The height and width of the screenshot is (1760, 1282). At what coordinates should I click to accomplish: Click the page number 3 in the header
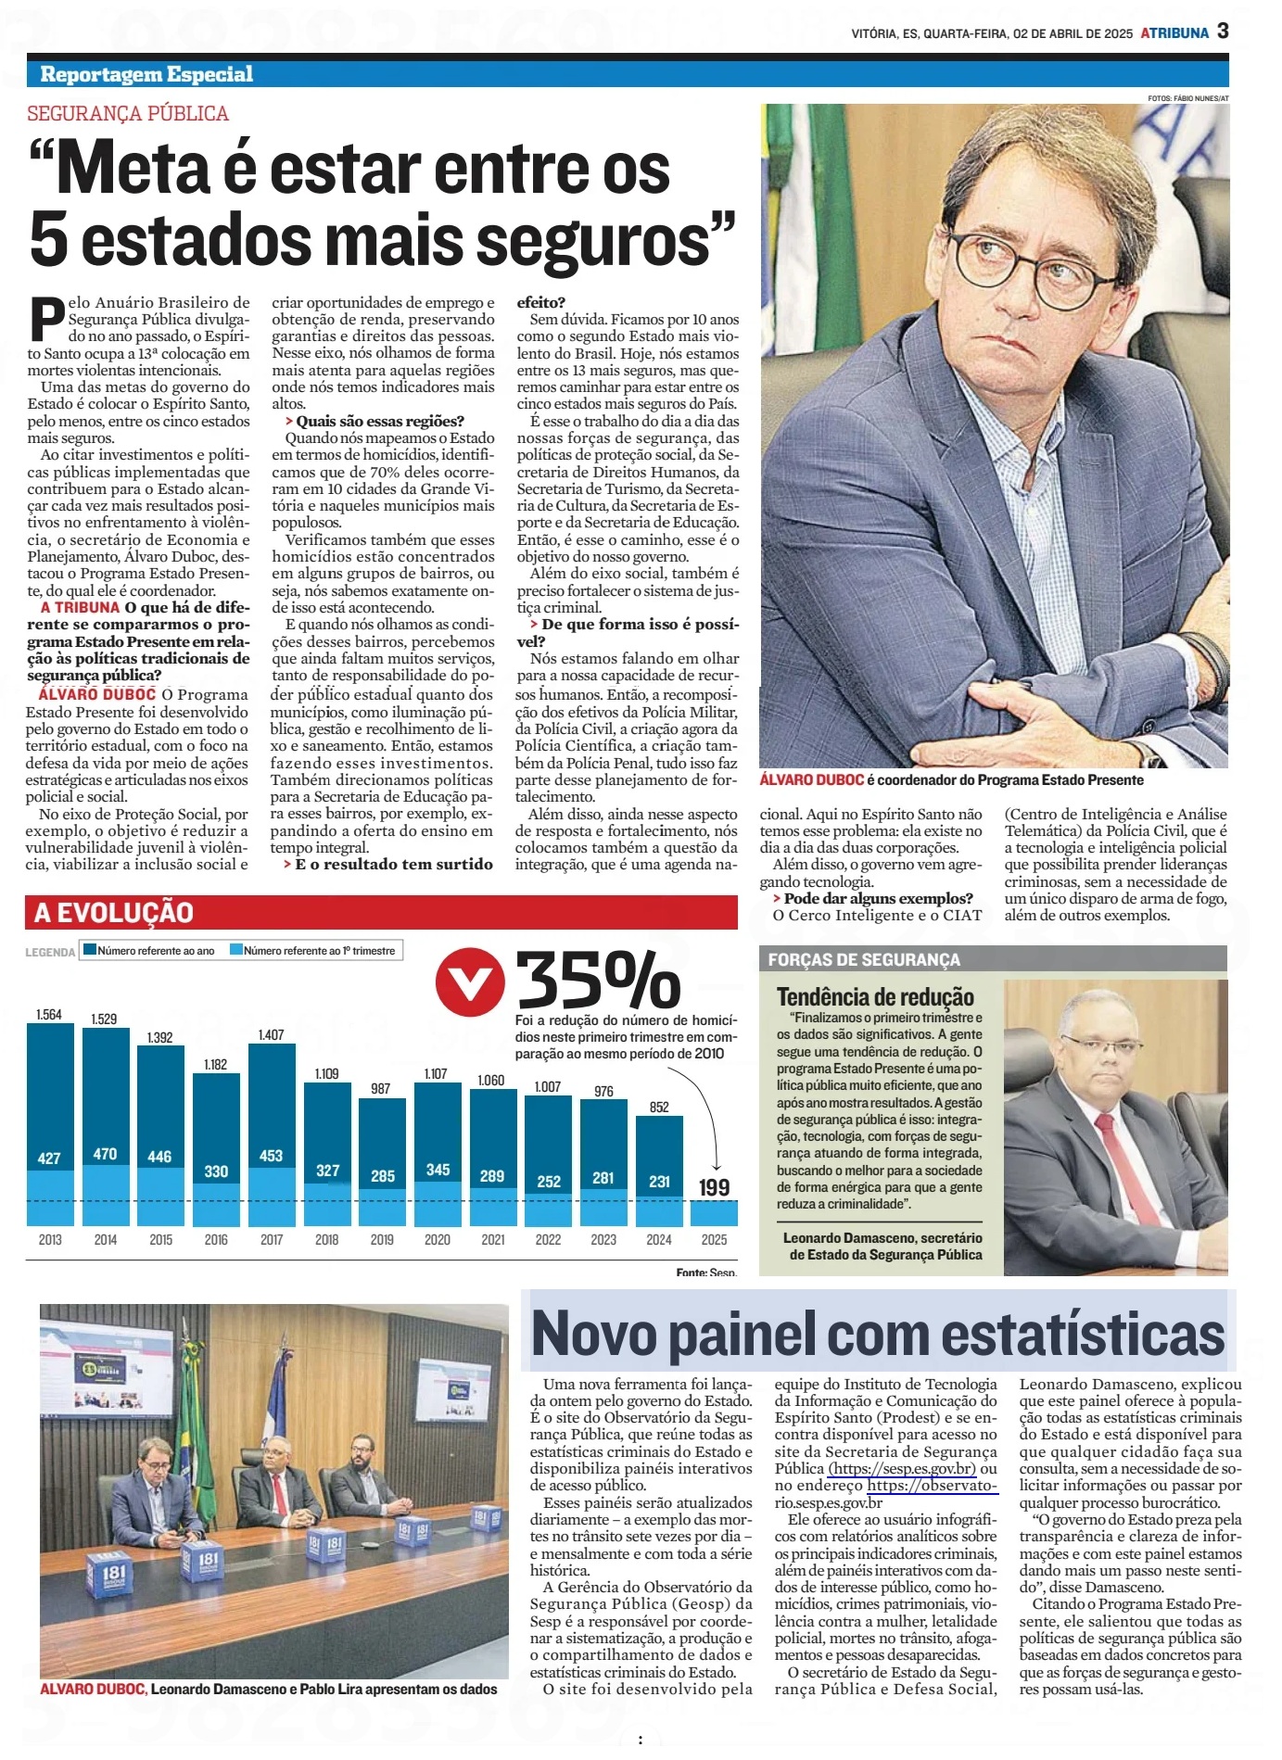(1223, 31)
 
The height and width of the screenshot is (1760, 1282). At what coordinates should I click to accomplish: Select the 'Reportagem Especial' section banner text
(146, 74)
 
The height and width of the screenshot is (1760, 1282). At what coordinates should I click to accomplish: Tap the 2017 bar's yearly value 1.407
(271, 1034)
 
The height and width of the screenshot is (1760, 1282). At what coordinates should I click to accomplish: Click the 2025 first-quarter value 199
(714, 1187)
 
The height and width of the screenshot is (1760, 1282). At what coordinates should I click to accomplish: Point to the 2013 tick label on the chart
(50, 1239)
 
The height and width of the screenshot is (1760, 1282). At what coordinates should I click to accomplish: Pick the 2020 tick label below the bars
(437, 1239)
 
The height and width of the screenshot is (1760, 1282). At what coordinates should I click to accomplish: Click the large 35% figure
(599, 981)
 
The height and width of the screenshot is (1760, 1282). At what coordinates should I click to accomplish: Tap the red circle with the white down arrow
(470, 981)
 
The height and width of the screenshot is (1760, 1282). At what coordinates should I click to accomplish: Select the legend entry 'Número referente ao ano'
(156, 950)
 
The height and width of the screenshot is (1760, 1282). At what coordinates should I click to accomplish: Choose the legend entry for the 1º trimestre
(319, 950)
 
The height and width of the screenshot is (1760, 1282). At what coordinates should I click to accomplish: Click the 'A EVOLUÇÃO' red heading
(113, 913)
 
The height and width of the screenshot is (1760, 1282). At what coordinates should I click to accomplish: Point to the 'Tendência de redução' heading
(875, 997)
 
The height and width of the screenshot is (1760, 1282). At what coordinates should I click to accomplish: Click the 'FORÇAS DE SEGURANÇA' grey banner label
(864, 959)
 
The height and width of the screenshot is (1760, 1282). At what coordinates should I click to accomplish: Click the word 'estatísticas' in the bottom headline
(1083, 1335)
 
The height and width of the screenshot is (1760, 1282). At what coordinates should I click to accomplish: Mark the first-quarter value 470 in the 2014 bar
(105, 1154)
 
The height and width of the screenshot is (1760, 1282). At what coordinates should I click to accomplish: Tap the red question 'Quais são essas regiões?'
(380, 421)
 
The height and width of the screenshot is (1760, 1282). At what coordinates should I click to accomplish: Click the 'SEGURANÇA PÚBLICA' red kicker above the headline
(128, 114)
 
